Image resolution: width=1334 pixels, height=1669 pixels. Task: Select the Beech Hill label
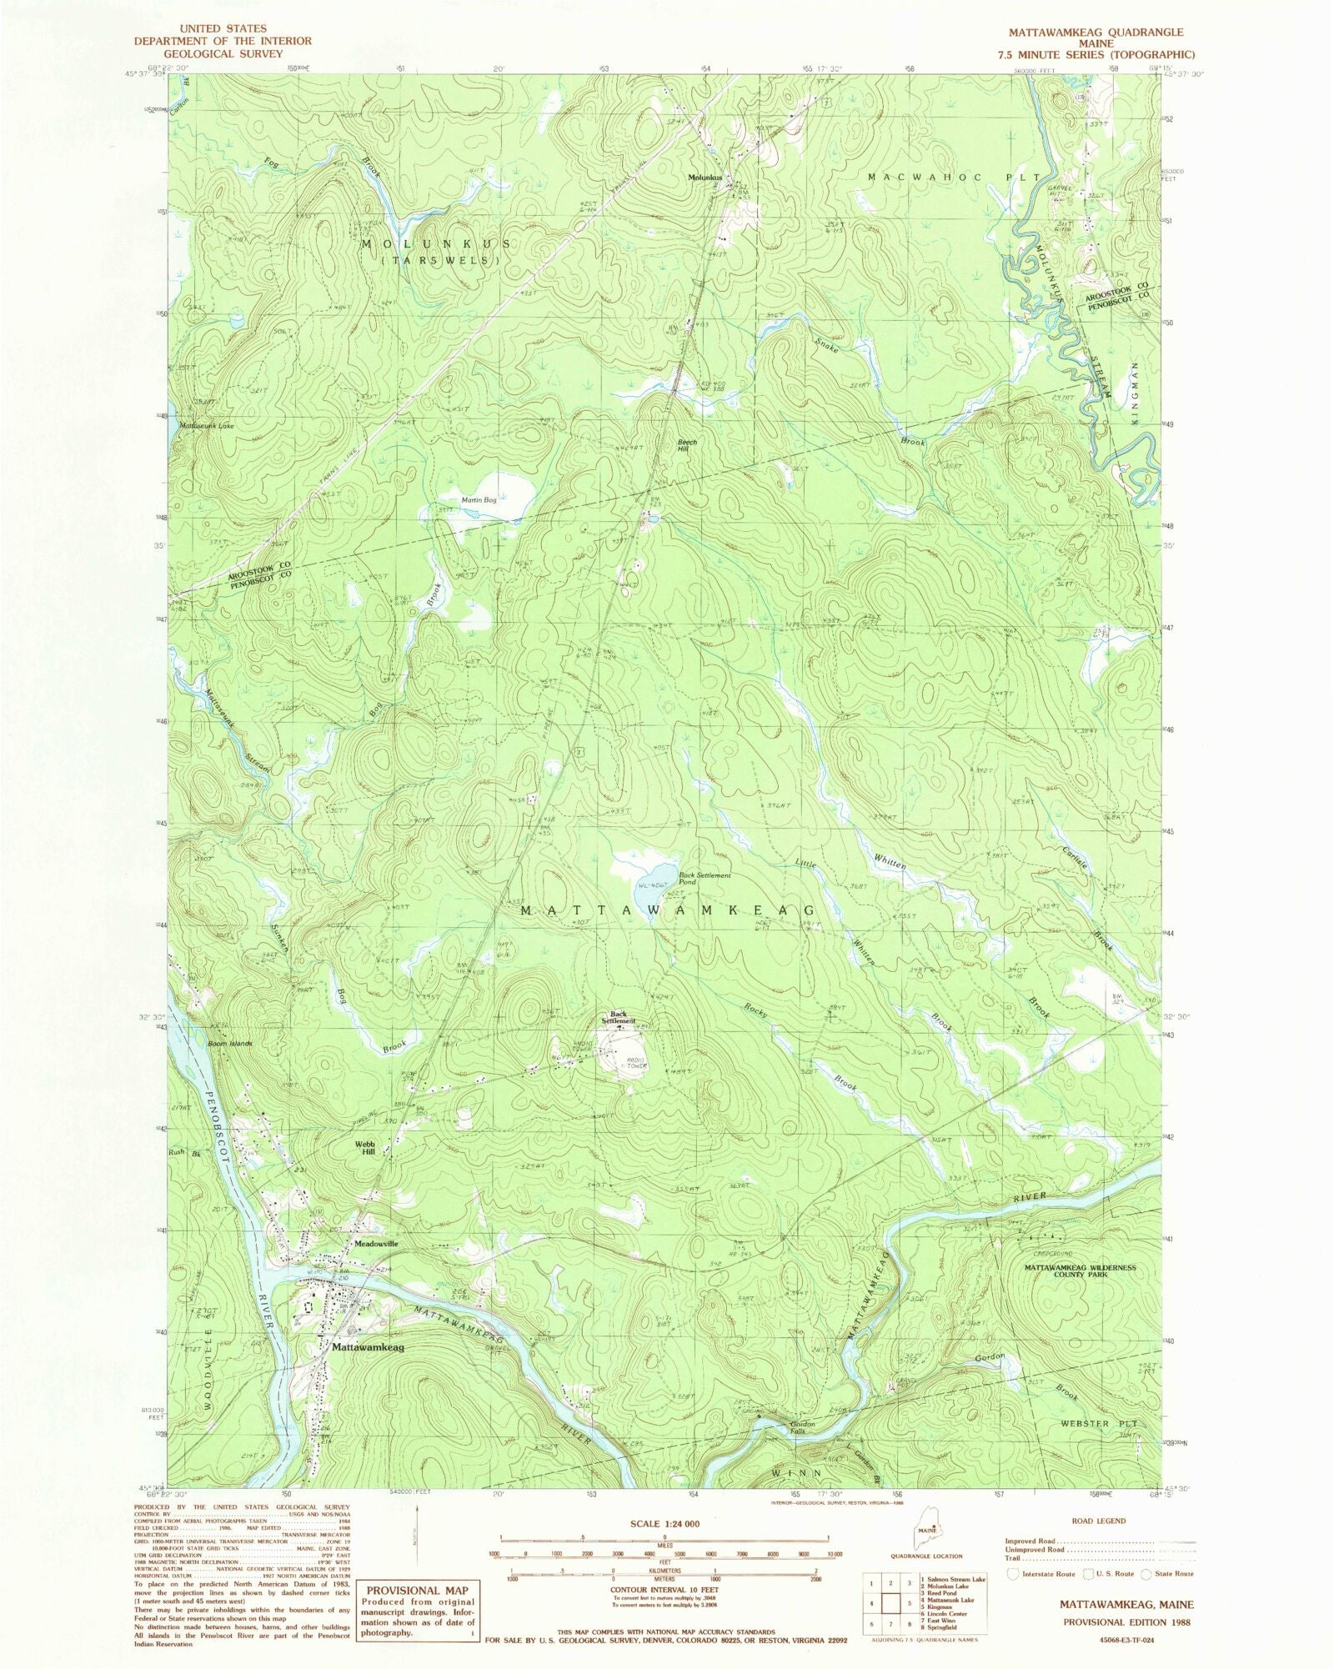click(x=686, y=445)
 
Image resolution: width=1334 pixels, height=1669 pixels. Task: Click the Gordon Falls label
click(x=802, y=1427)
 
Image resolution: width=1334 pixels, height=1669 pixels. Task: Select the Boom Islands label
click(x=229, y=1044)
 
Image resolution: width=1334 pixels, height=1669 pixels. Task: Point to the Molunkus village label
click(x=705, y=177)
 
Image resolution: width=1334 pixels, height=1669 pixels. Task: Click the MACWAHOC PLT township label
click(x=955, y=178)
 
